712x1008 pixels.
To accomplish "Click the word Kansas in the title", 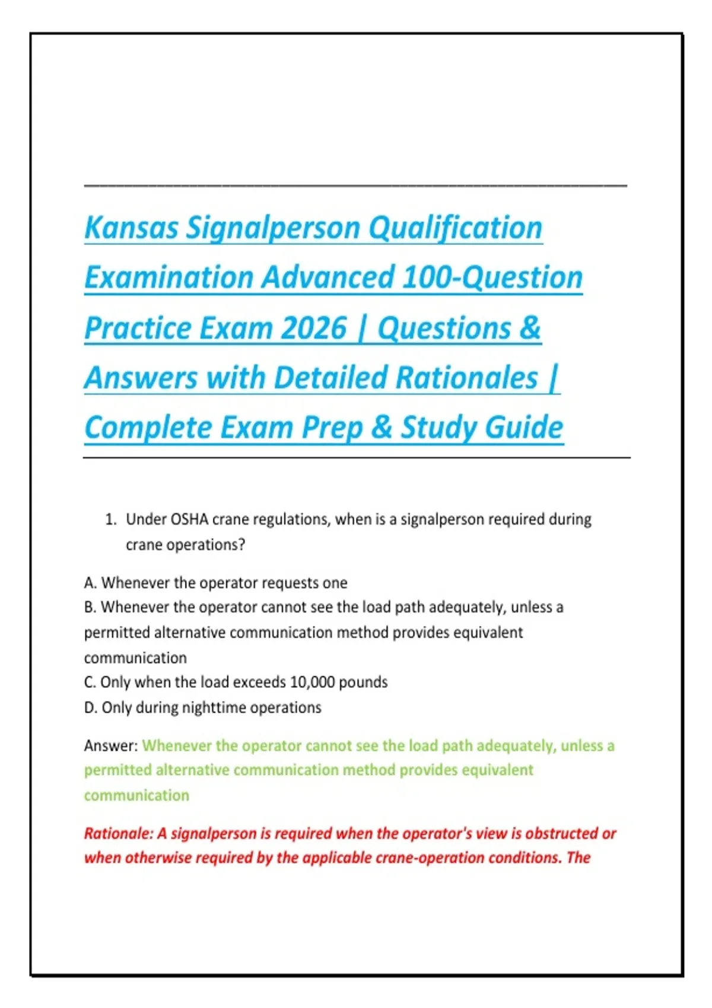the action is (131, 228).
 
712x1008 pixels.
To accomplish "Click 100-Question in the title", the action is (492, 278).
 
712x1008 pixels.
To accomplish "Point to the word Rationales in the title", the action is (466, 378).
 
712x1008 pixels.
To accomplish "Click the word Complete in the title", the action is (148, 428).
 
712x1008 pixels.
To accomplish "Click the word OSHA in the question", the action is (190, 520).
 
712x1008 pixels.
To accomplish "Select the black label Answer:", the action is (111, 746).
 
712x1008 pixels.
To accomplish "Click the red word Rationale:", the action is (119, 834).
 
